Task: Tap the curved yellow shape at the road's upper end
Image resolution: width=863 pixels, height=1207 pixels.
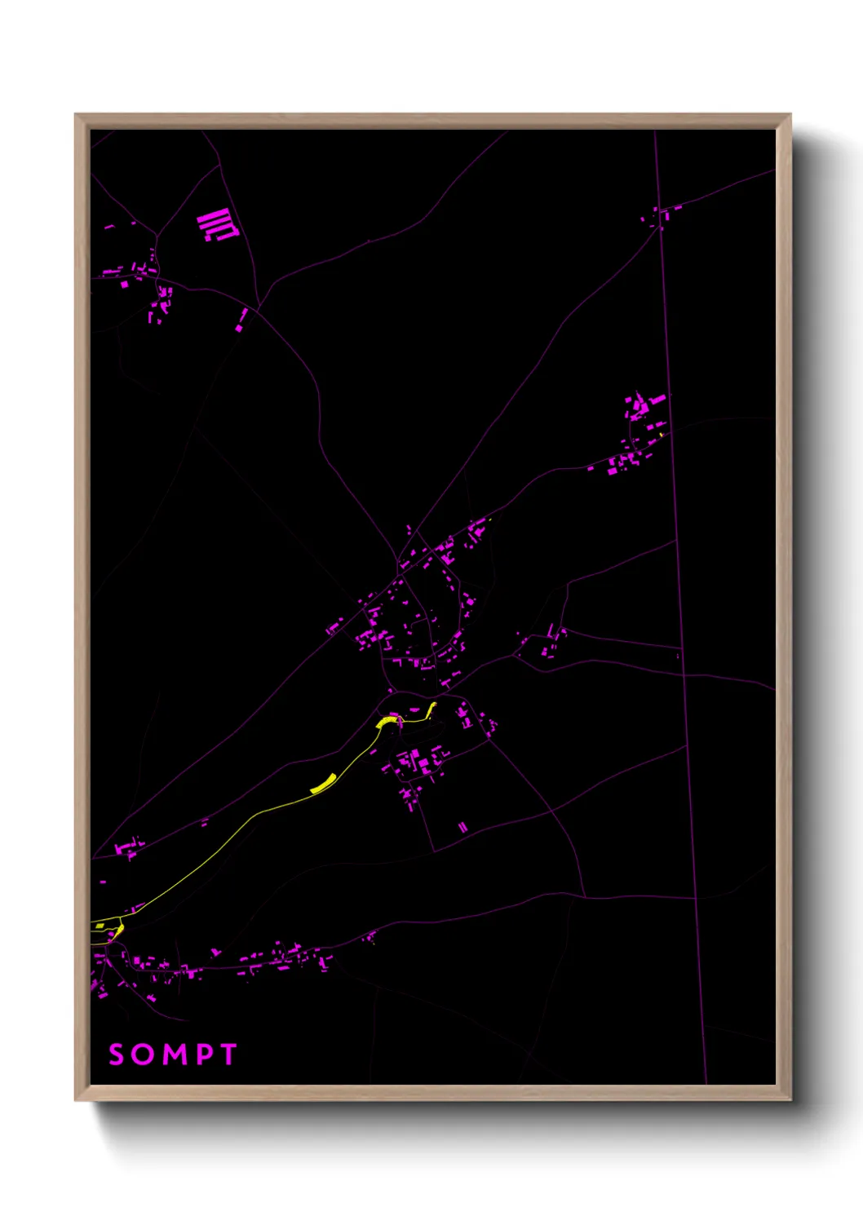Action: [387, 721]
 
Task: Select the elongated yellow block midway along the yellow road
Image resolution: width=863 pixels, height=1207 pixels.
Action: [323, 784]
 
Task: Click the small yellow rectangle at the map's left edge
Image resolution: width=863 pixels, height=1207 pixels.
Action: [99, 926]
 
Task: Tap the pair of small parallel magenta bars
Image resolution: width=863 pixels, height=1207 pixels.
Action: [462, 827]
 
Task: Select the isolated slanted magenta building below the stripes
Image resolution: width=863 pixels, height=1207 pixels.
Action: [241, 321]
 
